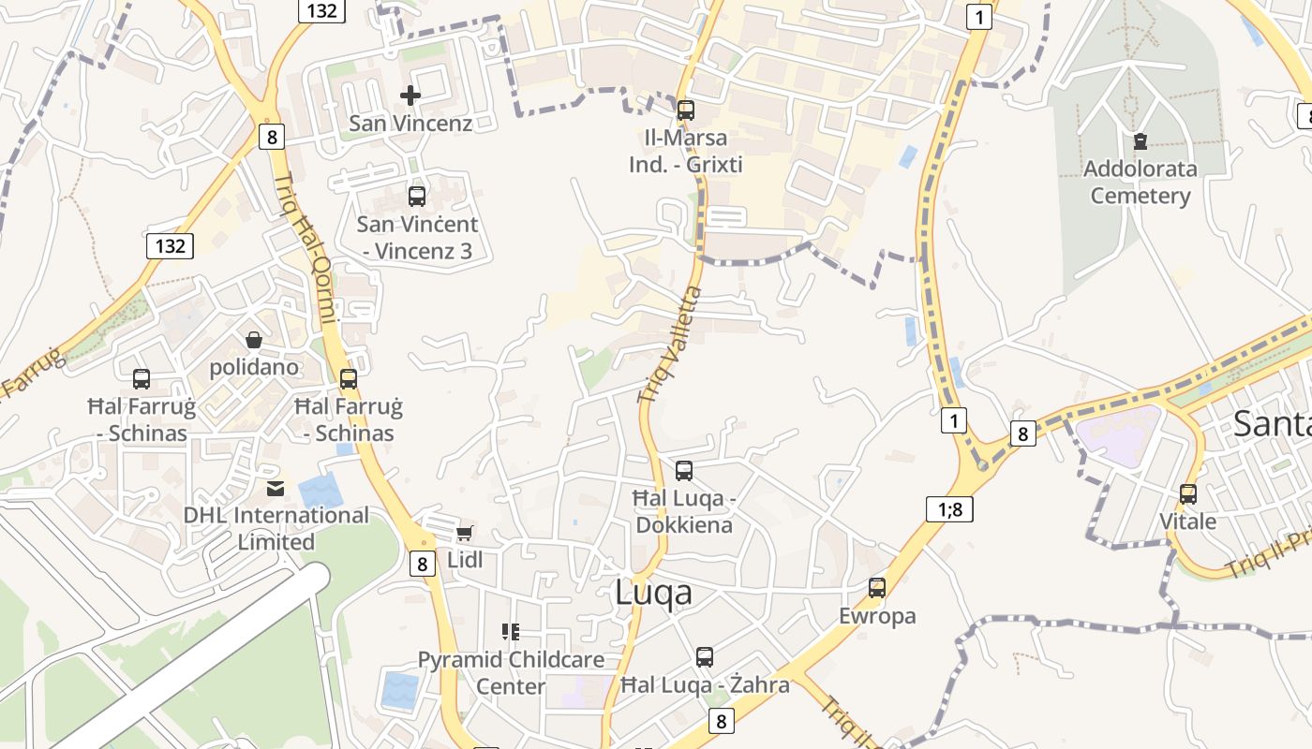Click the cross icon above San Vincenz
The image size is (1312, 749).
[410, 95]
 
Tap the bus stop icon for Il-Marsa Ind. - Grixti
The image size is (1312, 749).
[686, 110]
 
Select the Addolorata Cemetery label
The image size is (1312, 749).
[1140, 183]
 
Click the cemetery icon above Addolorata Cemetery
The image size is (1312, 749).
[1140, 141]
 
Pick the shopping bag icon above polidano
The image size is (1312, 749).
[253, 339]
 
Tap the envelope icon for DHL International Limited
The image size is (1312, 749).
[276, 488]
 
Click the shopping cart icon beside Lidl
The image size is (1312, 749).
[464, 533]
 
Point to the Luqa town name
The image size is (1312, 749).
[654, 592]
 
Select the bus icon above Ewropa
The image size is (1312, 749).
[877, 588]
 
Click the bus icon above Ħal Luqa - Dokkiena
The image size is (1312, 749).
[684, 470]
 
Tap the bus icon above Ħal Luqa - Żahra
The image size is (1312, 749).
[705, 657]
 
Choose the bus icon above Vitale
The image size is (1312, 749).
[1188, 493]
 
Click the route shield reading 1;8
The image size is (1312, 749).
[949, 509]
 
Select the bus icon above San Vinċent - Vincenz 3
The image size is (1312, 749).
[417, 197]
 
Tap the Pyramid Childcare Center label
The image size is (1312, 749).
[511, 672]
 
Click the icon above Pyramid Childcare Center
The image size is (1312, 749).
[511, 632]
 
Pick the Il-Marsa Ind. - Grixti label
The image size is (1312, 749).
[686, 152]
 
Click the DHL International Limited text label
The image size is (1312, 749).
[276, 528]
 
